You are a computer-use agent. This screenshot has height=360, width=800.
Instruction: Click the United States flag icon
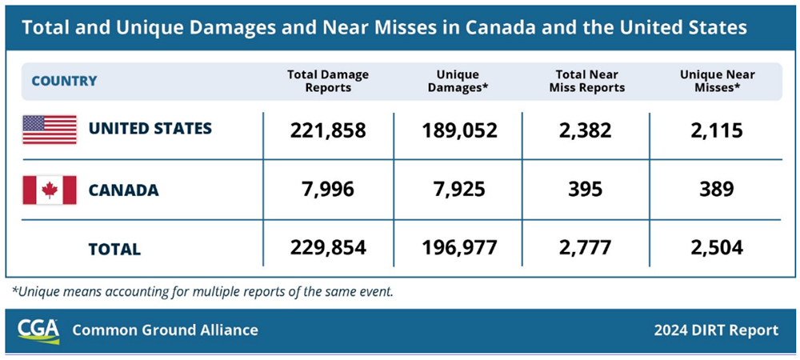[x=50, y=129]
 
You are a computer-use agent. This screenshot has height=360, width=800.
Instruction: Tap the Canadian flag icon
[x=50, y=190]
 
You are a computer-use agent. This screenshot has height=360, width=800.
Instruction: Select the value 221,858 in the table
[x=328, y=130]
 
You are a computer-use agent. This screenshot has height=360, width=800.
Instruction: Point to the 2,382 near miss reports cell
[x=586, y=130]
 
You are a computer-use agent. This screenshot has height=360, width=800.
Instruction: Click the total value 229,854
[x=328, y=248]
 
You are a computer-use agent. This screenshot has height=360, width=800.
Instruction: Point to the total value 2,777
[x=586, y=248]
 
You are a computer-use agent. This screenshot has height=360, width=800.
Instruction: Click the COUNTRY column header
[x=64, y=81]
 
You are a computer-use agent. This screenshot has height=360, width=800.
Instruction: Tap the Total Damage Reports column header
[x=328, y=81]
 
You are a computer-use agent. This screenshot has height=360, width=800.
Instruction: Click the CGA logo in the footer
[x=39, y=330]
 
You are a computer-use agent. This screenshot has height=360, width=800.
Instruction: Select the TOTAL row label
[x=114, y=249]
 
